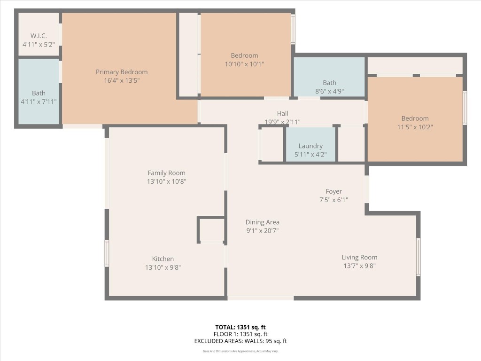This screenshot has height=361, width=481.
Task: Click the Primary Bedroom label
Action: pyautogui.click(x=122, y=72)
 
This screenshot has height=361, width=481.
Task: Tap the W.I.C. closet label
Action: pyautogui.click(x=39, y=36)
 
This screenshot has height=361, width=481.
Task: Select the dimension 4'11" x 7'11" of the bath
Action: pyautogui.click(x=39, y=102)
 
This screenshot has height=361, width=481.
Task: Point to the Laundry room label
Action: pyautogui.click(x=310, y=146)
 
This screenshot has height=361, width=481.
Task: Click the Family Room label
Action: pyautogui.click(x=166, y=173)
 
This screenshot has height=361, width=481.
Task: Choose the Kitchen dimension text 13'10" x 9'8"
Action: pyautogui.click(x=163, y=267)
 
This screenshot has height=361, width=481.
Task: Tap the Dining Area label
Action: pyautogui.click(x=262, y=222)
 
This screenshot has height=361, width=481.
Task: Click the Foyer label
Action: pyautogui.click(x=334, y=191)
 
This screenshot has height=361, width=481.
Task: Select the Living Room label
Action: pyautogui.click(x=359, y=257)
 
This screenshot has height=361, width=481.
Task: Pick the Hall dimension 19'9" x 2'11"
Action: pyautogui.click(x=282, y=122)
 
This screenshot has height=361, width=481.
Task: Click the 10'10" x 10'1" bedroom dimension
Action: pyautogui.click(x=244, y=64)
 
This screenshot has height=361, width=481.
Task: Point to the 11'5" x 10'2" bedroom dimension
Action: pyautogui.click(x=415, y=127)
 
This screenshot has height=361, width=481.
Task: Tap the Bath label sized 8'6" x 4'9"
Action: pyautogui.click(x=329, y=83)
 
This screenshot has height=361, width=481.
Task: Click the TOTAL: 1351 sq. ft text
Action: pyautogui.click(x=240, y=327)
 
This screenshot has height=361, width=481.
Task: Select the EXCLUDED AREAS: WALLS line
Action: pyautogui.click(x=240, y=341)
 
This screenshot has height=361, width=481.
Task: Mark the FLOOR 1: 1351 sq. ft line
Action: pyautogui.click(x=240, y=334)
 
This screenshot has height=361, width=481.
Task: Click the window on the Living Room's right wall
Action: pyautogui.click(x=418, y=257)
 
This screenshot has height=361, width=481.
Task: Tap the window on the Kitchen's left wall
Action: pyautogui.click(x=107, y=253)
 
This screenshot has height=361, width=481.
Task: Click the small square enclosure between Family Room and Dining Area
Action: pyautogui.click(x=211, y=230)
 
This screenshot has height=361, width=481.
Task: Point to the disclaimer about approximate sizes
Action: pyautogui.click(x=240, y=351)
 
